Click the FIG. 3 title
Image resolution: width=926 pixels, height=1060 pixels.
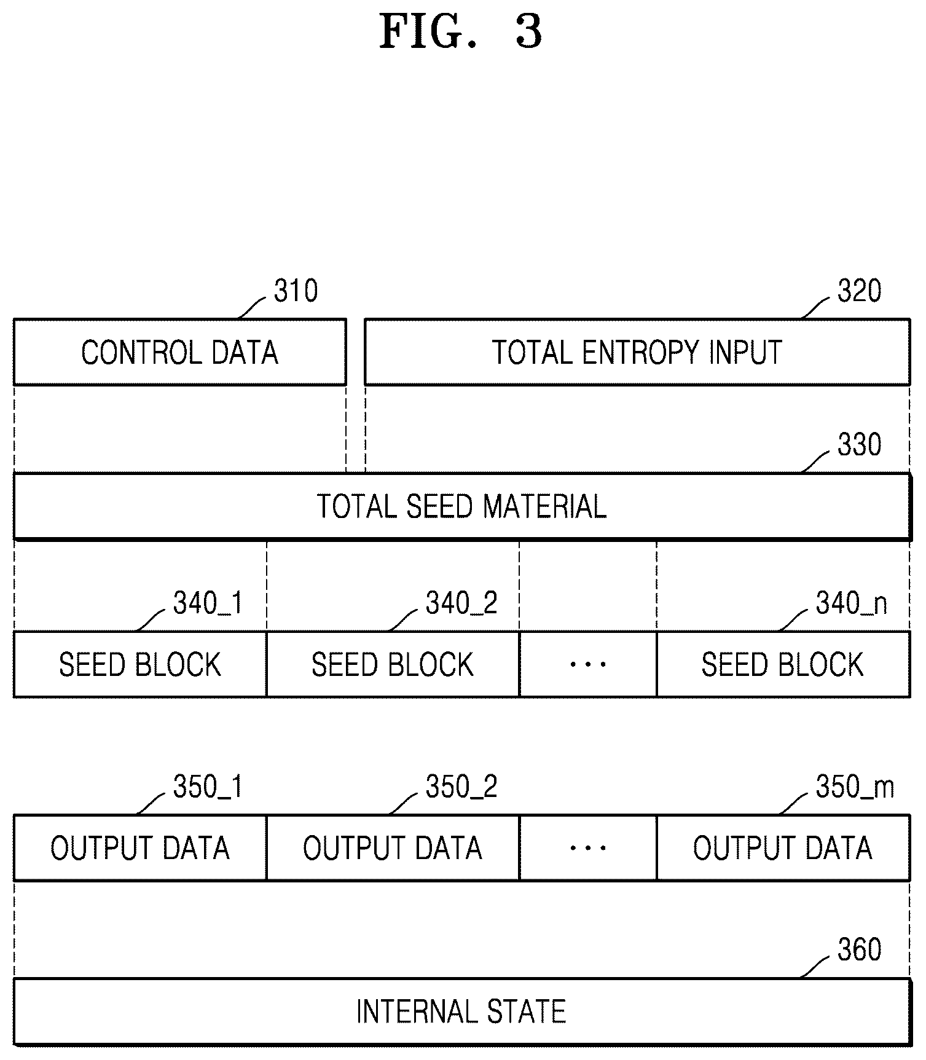click(461, 31)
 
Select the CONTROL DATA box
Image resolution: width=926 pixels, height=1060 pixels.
click(179, 352)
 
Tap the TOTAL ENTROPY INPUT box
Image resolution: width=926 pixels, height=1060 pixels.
click(637, 352)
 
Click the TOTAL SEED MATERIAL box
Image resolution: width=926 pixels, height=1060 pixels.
click(461, 506)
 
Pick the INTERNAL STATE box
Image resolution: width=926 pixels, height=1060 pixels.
click(461, 1011)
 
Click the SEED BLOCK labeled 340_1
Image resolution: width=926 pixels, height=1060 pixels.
click(140, 664)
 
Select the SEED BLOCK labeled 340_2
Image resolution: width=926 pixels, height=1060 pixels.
click(393, 664)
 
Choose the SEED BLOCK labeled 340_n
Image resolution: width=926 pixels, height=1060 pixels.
click(783, 664)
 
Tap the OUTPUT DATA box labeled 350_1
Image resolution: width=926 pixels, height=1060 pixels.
click(140, 847)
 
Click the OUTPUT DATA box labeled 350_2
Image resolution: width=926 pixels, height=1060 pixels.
click(393, 847)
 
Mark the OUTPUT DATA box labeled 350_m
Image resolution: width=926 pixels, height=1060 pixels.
click(783, 847)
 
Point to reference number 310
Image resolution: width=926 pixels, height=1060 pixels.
click(296, 291)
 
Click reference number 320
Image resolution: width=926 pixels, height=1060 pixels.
click(860, 291)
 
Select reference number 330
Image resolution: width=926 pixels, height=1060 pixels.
click(860, 444)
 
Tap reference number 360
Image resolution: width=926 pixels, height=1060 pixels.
click(860, 949)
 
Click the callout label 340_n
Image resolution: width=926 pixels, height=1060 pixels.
click(852, 603)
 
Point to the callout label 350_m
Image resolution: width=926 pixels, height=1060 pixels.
click(855, 787)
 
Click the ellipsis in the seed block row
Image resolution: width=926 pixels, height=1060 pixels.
click(588, 664)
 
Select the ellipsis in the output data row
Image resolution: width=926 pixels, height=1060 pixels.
click(588, 848)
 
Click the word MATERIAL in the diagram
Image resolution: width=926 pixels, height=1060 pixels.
click(545, 507)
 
